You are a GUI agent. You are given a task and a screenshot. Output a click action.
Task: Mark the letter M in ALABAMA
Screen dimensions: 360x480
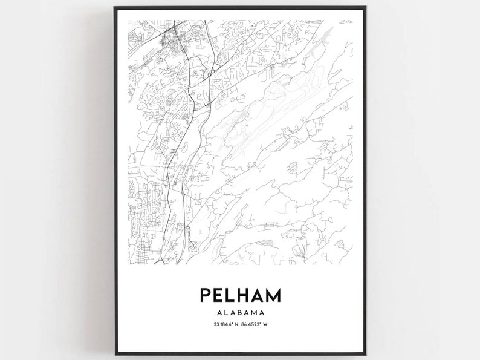pyautogui.click(x=257, y=313)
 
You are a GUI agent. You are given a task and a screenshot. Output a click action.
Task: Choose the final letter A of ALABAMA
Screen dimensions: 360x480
pyautogui.click(x=265, y=313)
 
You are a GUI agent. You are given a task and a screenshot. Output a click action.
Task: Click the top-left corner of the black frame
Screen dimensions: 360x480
pyautogui.click(x=114, y=7)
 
